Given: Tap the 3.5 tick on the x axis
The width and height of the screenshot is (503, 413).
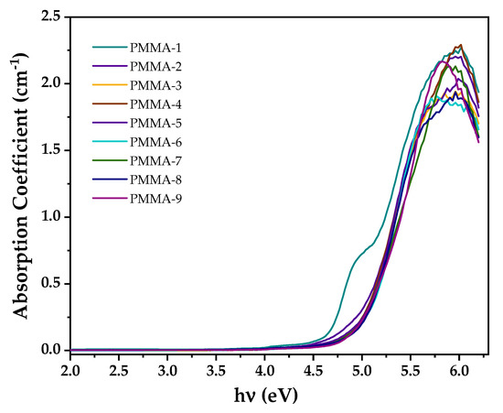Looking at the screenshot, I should pyautogui.click(x=216, y=370).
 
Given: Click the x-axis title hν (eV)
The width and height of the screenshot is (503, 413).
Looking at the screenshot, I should pyautogui.click(x=265, y=397).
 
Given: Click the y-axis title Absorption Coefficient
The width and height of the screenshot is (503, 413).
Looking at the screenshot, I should pyautogui.click(x=20, y=183).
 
